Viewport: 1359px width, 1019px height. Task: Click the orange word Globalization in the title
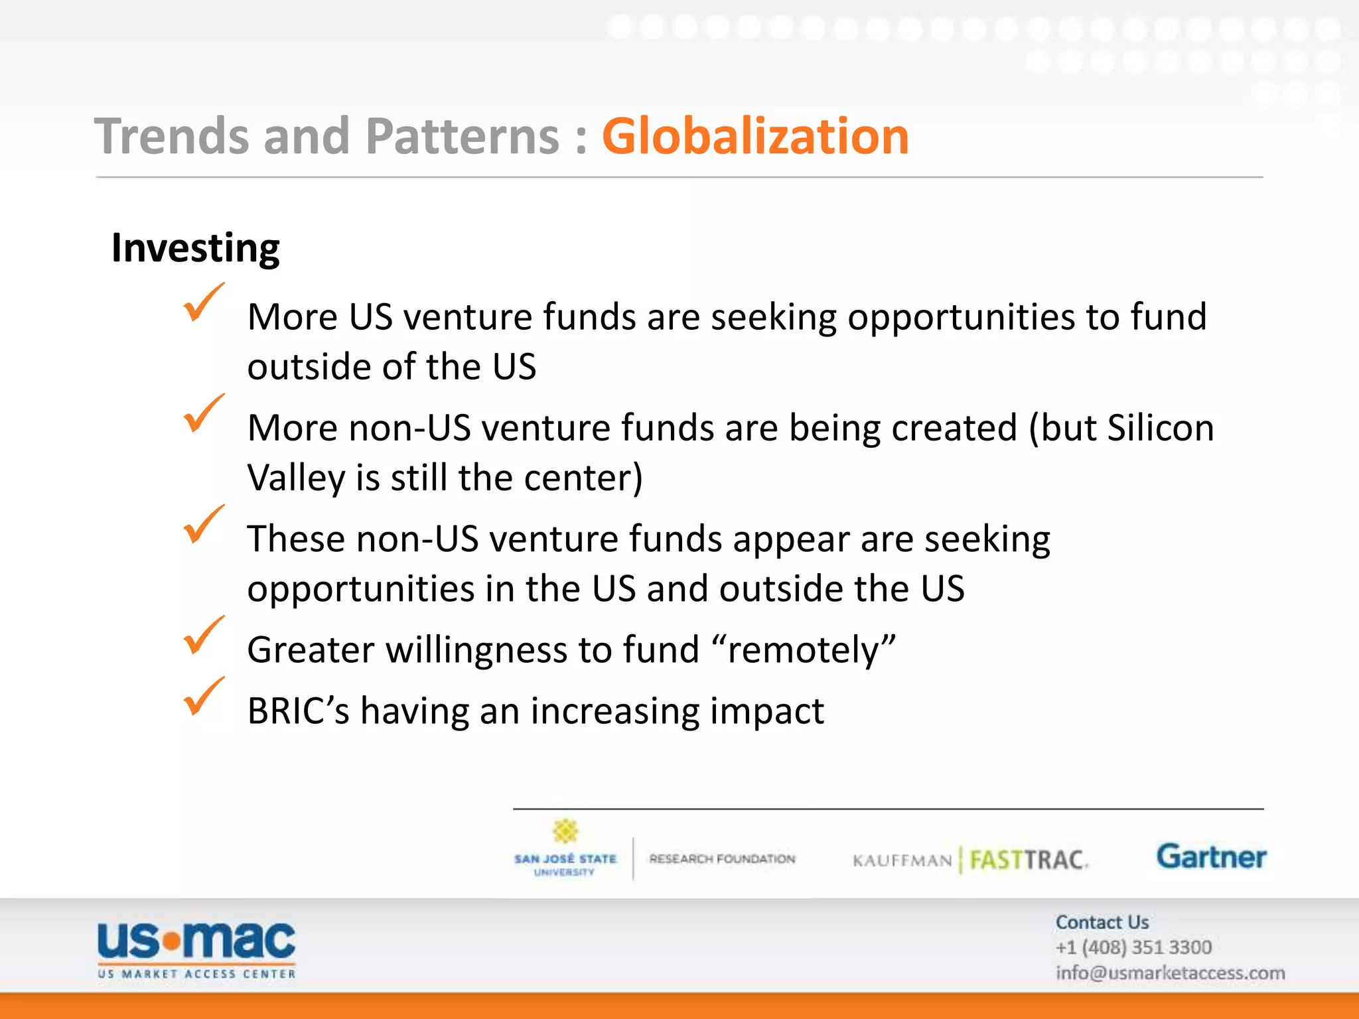[x=754, y=136]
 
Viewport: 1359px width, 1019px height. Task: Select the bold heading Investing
[x=195, y=249]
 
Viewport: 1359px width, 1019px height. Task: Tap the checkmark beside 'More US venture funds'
[x=202, y=303]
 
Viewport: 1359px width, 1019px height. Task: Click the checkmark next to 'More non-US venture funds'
[x=202, y=413]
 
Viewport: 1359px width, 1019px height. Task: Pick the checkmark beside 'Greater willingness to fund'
[x=202, y=636]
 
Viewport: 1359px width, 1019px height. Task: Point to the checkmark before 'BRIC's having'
[x=202, y=697]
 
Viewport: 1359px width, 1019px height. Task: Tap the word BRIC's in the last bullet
[x=298, y=711]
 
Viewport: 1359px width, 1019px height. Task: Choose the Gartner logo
[x=1211, y=856]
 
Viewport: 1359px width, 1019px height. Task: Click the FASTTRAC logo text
[x=1027, y=860]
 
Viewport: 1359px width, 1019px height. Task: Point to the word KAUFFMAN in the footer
[x=902, y=861]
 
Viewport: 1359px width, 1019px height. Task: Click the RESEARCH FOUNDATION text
[x=722, y=859]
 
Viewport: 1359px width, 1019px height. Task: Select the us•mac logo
[x=196, y=949]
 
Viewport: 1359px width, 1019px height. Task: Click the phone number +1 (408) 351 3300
[x=1133, y=947]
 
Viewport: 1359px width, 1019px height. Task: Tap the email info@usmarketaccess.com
[x=1170, y=973]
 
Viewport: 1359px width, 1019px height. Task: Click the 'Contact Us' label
[x=1102, y=922]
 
